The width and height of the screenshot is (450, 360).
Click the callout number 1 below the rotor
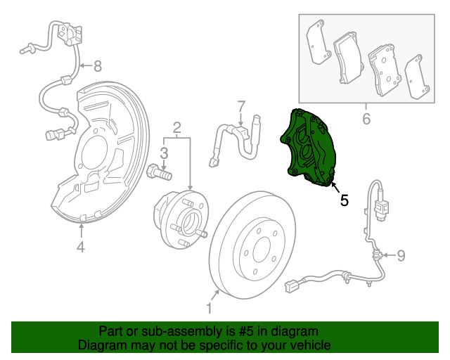click(x=209, y=308)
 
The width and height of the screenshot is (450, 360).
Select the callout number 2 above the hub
click(x=177, y=127)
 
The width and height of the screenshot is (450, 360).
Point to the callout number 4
click(x=81, y=246)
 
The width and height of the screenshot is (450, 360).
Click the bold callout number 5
click(x=344, y=200)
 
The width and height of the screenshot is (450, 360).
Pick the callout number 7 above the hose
click(x=241, y=106)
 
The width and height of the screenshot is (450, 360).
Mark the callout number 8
click(x=97, y=67)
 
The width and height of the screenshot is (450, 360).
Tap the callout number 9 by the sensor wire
click(x=401, y=255)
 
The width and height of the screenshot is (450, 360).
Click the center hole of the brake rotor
click(x=262, y=248)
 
